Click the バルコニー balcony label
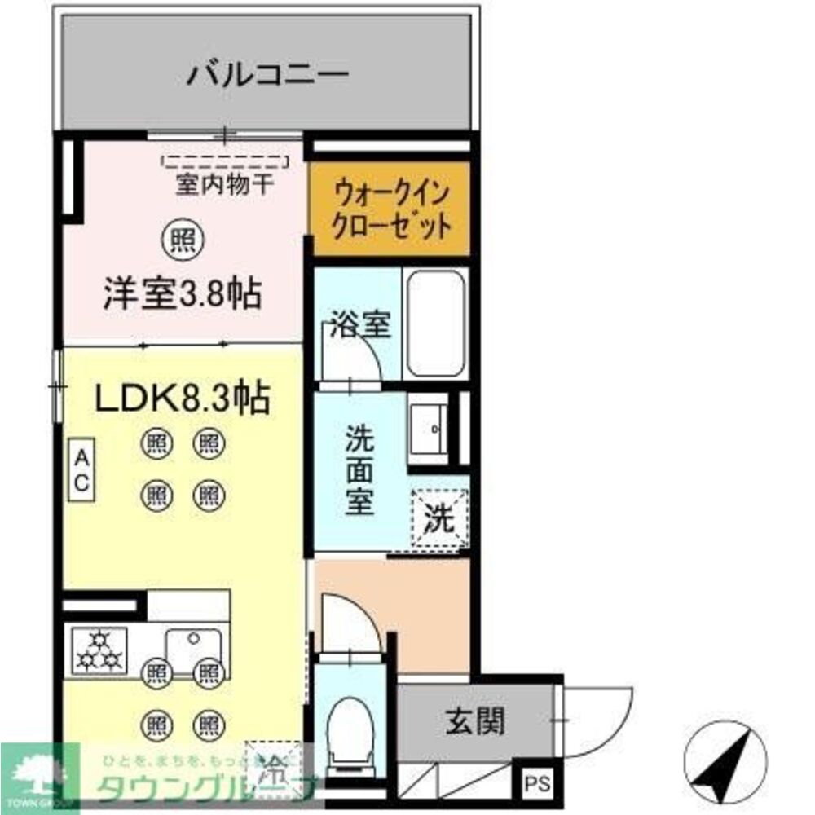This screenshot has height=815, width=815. pyautogui.click(x=268, y=76)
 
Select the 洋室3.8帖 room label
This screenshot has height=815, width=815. pyautogui.click(x=182, y=293)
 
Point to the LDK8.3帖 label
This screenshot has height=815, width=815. pyautogui.click(x=183, y=399)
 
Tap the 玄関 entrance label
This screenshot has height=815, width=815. pyautogui.click(x=474, y=720)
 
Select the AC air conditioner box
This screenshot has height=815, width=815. pyautogui.click(x=82, y=469)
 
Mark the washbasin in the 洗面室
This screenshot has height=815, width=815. pyautogui.click(x=428, y=427)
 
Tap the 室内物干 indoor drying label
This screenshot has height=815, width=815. pyautogui.click(x=226, y=184)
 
